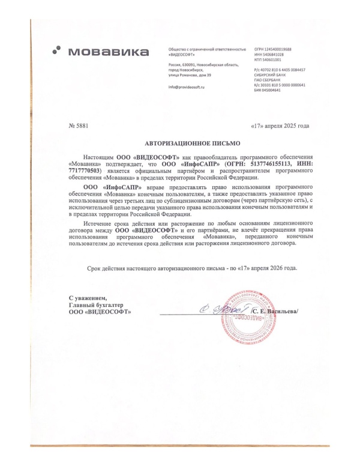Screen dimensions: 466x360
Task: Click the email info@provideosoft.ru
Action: click(x=187, y=88)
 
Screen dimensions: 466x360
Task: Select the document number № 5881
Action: click(x=79, y=126)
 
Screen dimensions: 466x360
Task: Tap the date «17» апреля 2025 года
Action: click(x=279, y=126)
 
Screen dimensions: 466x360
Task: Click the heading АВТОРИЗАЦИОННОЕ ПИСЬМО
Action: click(x=192, y=144)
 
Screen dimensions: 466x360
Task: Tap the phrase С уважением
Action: click(x=87, y=298)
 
